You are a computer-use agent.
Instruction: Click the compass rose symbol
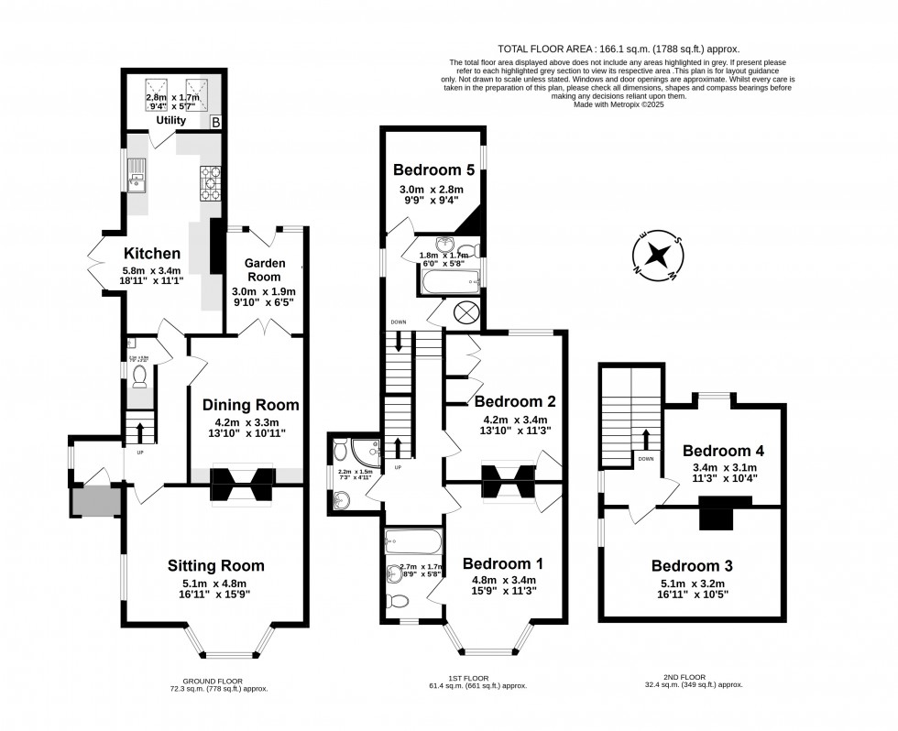point(656,254)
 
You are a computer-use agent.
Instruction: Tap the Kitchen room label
point(152,253)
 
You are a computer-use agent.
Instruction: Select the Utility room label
point(170,120)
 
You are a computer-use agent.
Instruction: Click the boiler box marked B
point(215,121)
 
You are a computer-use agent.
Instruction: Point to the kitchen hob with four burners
point(209,184)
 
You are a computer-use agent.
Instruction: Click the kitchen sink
point(138,174)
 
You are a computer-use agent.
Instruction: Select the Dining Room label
point(251,404)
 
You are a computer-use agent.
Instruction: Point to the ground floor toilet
point(139,376)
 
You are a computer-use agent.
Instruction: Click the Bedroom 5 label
point(434,169)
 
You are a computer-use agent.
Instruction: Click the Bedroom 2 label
point(514,401)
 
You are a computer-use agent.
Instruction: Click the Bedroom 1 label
point(503,563)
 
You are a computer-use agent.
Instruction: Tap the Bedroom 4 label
point(723,451)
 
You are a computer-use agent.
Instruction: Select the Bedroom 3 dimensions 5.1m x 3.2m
point(693,584)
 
